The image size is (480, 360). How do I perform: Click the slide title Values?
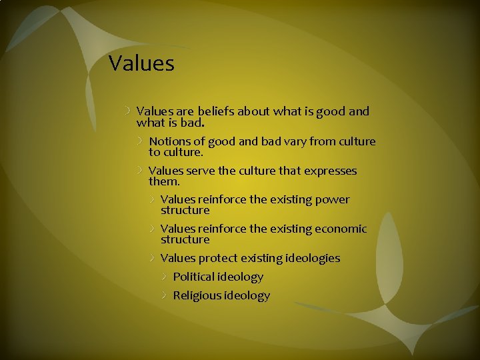pos(141,63)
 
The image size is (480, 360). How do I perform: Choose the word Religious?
pos(197,295)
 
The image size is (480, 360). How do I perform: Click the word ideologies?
pos(313,258)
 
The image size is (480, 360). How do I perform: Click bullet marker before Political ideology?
pos(165,277)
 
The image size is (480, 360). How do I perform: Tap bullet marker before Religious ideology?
pos(165,295)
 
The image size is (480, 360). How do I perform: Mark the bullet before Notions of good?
pos(141,141)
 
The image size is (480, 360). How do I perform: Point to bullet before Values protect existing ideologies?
pos(153,258)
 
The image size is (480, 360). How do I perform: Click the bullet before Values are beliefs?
pos(128,111)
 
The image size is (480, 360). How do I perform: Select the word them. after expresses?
pos(164,181)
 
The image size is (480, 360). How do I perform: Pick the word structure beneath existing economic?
pos(185,239)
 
